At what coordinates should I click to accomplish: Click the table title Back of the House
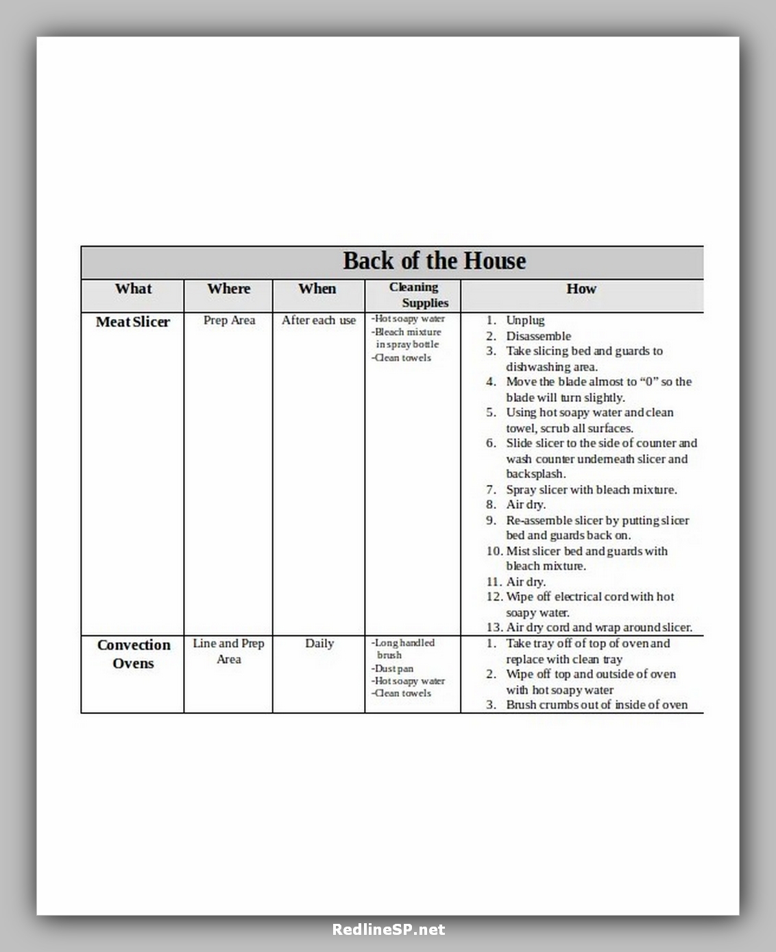pos(434,261)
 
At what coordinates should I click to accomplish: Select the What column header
pos(133,289)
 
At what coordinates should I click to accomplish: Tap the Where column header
pos(228,289)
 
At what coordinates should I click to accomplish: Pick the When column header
pos(317,289)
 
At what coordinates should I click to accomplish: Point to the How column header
pos(581,289)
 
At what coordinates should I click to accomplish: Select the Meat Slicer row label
pos(132,322)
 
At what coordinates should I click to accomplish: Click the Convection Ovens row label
pos(133,654)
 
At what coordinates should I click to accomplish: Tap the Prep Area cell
pos(229,320)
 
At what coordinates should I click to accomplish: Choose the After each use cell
pos(319,320)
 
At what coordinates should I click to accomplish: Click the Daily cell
pos(319,643)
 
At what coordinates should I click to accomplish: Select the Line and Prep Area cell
pos(228,651)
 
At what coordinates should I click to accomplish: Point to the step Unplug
pos(525,320)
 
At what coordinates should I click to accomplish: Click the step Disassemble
pos(538,336)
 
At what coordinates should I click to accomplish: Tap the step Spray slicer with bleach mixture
pos(591,490)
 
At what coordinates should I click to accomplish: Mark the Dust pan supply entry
pos(394,669)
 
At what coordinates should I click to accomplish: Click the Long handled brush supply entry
pos(403,649)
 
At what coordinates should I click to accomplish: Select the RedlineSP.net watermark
pos(388,930)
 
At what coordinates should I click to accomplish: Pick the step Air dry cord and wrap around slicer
pos(598,628)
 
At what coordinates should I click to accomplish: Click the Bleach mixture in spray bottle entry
pos(407,338)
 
